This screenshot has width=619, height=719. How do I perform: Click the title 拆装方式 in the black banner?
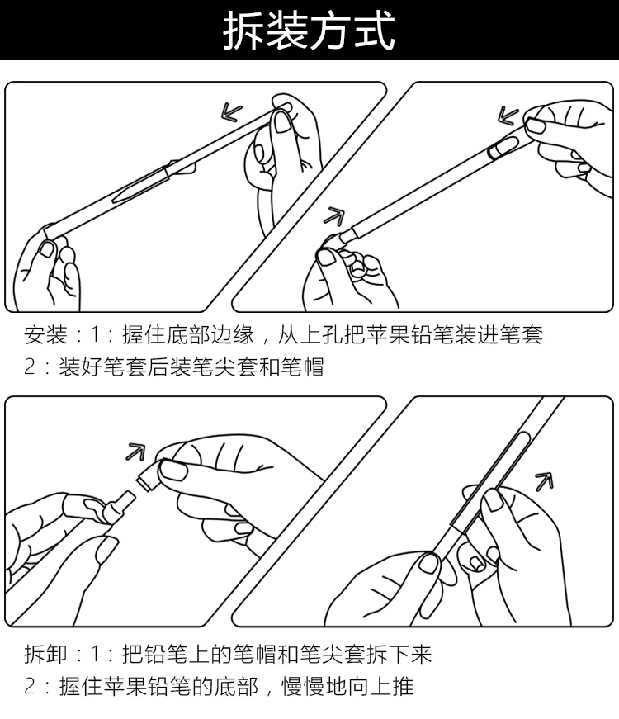[309, 31]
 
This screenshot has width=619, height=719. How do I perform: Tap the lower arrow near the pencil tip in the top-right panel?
[333, 217]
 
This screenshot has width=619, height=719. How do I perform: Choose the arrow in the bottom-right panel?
[543, 480]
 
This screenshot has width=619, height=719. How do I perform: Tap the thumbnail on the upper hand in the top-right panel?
[537, 125]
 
